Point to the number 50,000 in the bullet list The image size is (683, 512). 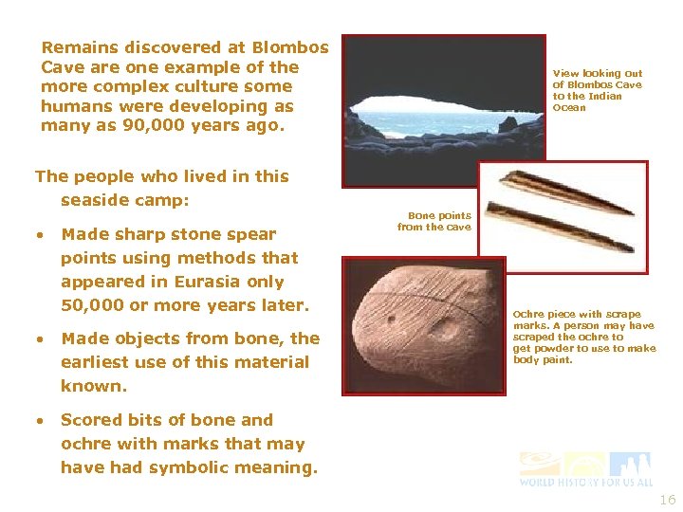93,305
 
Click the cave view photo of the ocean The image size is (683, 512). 443,110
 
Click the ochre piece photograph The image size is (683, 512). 424,325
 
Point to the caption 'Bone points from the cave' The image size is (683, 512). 434,221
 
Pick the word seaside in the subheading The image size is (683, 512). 97,201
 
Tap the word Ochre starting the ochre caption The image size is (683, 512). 529,314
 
